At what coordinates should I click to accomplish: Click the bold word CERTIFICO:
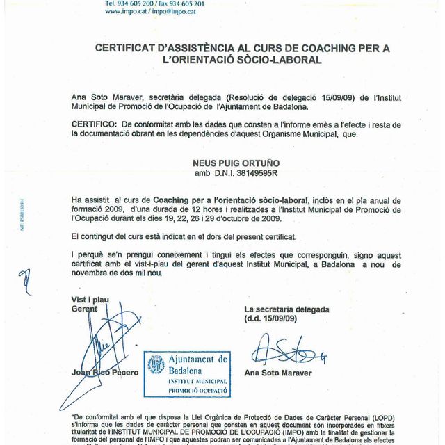93,123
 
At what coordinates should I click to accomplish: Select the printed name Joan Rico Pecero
104,373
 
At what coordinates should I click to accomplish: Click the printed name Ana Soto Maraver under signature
278,373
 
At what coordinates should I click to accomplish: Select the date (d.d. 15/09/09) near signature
271,318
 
